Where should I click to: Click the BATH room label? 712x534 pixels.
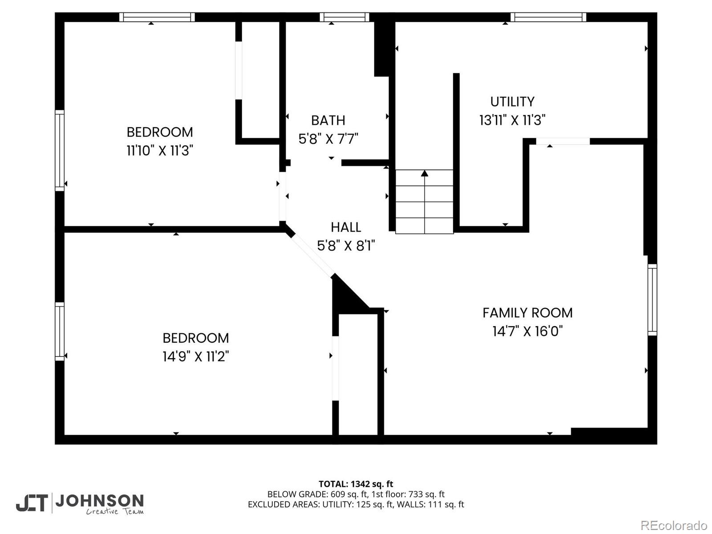[x=328, y=121]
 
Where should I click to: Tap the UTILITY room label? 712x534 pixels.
[x=512, y=102]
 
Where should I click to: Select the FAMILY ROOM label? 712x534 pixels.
[x=527, y=313]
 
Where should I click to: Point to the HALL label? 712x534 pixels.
[x=346, y=227]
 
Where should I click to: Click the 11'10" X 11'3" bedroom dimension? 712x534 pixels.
[x=160, y=151]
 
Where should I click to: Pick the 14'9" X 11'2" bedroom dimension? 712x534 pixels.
[x=196, y=356]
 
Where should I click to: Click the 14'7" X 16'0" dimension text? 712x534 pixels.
[x=527, y=332]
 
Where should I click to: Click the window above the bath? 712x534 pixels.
[x=344, y=17]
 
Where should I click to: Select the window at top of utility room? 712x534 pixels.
[x=548, y=17]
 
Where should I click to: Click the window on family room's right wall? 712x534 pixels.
[x=652, y=299]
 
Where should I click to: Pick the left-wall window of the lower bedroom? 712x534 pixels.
[x=60, y=331]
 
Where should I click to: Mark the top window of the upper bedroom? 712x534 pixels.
[x=157, y=17]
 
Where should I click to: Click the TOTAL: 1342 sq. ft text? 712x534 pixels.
[x=356, y=484]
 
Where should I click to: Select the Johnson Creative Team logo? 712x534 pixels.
[x=80, y=504]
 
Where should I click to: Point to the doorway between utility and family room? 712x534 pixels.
[x=563, y=142]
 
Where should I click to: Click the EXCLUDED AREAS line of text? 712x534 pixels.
[x=356, y=504]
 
